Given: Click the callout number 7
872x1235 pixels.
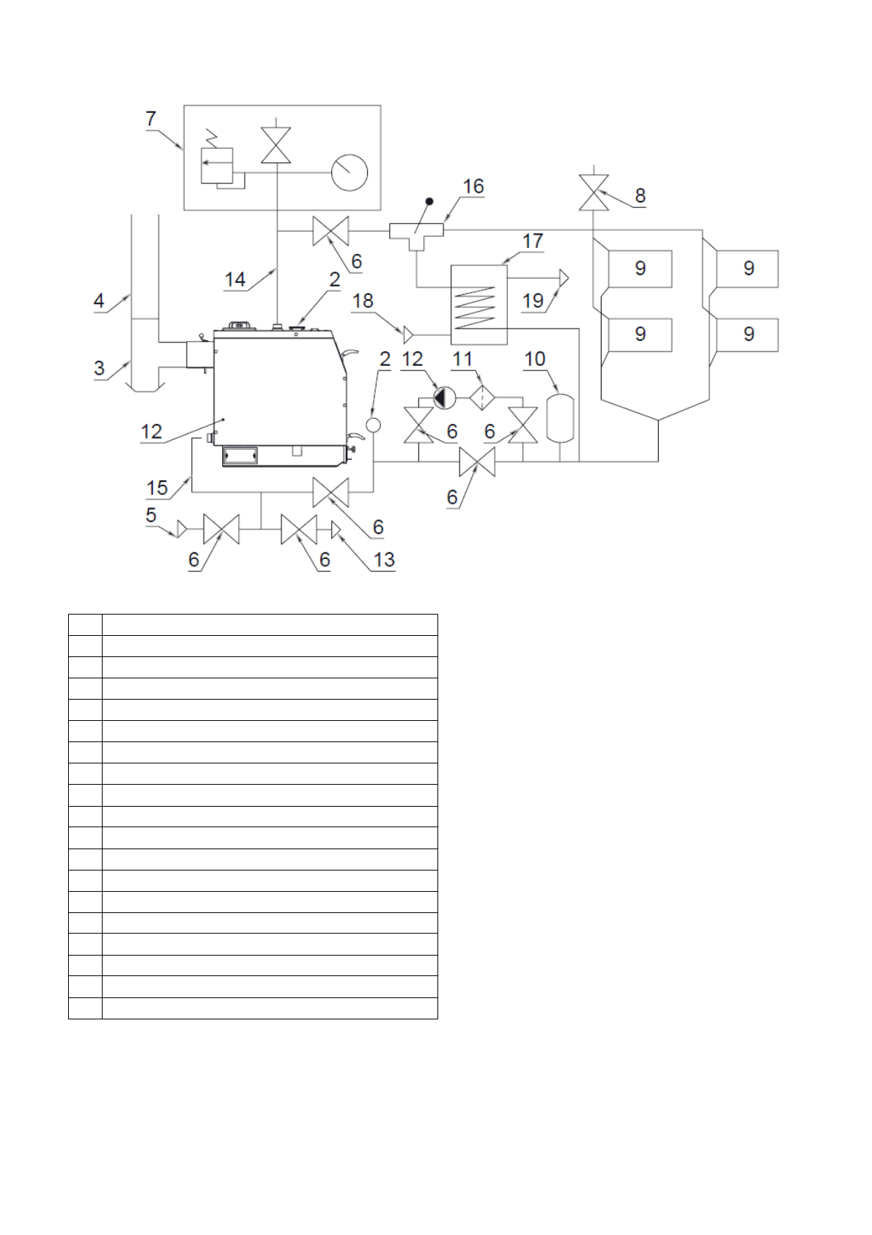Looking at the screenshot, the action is (151, 118).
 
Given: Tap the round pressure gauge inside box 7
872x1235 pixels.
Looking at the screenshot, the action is (350, 172).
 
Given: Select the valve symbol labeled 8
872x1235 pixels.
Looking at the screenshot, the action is (593, 193).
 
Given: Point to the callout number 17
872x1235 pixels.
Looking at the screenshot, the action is (533, 241).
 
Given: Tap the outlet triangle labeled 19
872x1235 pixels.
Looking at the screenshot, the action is (564, 278).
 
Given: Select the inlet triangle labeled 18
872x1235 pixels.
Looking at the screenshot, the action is (408, 335).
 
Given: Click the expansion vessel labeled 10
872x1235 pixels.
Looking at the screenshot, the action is (561, 418).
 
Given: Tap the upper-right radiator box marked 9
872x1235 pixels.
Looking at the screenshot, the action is (747, 268).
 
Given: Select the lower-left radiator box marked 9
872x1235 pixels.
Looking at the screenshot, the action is (640, 334).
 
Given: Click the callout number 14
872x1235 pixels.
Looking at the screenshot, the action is (234, 279).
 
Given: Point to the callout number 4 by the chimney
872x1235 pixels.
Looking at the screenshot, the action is (99, 301).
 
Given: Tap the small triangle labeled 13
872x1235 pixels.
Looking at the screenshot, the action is (336, 528).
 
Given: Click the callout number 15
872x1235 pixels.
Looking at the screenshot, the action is (158, 488).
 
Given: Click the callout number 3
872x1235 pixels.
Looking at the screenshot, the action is (99, 368).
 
